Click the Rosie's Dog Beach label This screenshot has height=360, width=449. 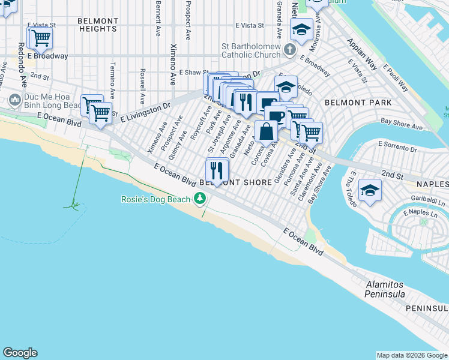click(x=155, y=199)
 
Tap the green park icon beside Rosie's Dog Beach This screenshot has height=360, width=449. click(x=200, y=199)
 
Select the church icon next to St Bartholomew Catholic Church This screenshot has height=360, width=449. click(x=290, y=49)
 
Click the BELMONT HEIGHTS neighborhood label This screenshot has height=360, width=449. click(x=97, y=25)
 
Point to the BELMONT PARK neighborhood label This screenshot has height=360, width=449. click(x=358, y=103)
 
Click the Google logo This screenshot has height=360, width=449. click(x=20, y=353)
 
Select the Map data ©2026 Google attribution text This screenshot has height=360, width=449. click(x=411, y=355)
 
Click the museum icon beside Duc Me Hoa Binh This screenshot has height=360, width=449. click(x=15, y=99)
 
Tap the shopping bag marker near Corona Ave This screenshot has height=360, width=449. click(x=265, y=130)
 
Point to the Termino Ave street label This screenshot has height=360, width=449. click(x=112, y=75)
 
